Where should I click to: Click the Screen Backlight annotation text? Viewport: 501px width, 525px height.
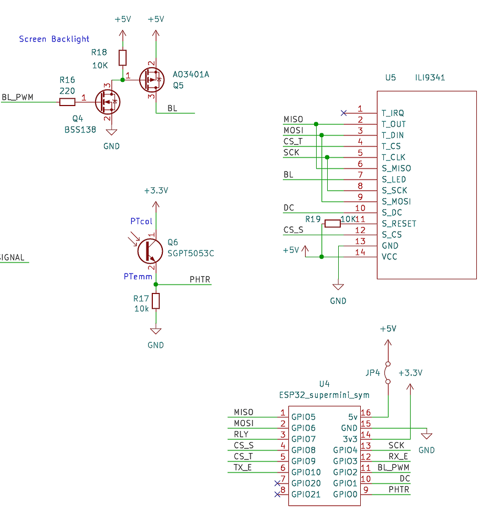pos(54,39)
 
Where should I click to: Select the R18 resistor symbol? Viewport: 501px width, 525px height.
pos(122,57)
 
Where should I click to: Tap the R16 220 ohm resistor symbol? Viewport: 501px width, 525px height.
pos(68,101)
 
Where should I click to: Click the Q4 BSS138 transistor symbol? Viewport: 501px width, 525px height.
pos(108,101)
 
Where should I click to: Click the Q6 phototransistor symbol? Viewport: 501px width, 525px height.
pos(150,251)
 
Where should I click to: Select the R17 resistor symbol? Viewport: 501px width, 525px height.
pos(155,301)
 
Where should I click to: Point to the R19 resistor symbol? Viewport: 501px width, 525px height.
pos(332,224)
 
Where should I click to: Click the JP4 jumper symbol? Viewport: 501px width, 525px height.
pos(388,373)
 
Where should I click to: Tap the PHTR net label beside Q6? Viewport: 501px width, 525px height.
pos(200,279)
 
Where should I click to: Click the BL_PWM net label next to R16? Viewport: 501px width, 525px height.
pos(17,97)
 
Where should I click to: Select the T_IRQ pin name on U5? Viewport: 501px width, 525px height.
pos(393,113)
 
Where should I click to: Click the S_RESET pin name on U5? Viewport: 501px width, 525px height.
pos(399,224)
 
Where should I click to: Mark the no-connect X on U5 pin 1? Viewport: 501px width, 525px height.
pos(343,113)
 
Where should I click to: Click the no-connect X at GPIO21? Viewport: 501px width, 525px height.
pos(277,494)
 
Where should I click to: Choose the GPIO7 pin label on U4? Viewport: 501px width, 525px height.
pos(303,439)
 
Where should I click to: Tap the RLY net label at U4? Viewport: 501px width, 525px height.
pos(241,434)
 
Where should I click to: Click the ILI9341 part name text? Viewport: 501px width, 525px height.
pos(429,77)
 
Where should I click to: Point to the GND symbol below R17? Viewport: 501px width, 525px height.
pos(155,332)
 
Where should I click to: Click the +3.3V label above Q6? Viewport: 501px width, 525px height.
pos(156,191)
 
